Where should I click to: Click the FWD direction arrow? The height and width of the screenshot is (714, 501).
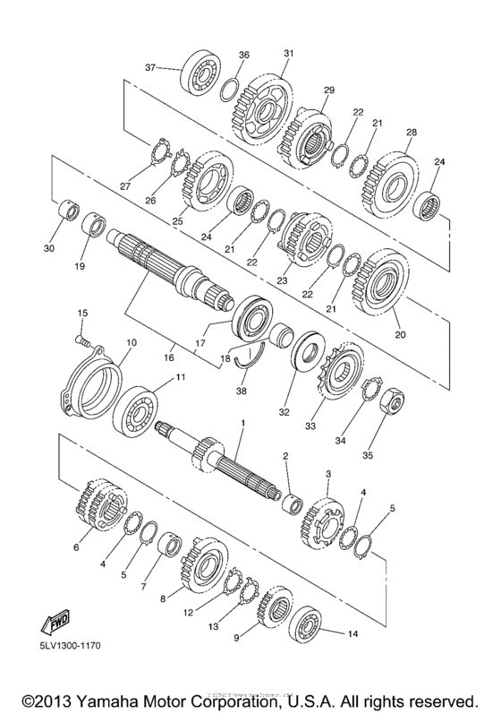coord(53,622)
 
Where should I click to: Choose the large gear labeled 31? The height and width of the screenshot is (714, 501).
coord(265,101)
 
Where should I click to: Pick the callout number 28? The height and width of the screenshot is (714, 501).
coord(412,133)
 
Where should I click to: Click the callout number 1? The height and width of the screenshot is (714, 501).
coord(241,421)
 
